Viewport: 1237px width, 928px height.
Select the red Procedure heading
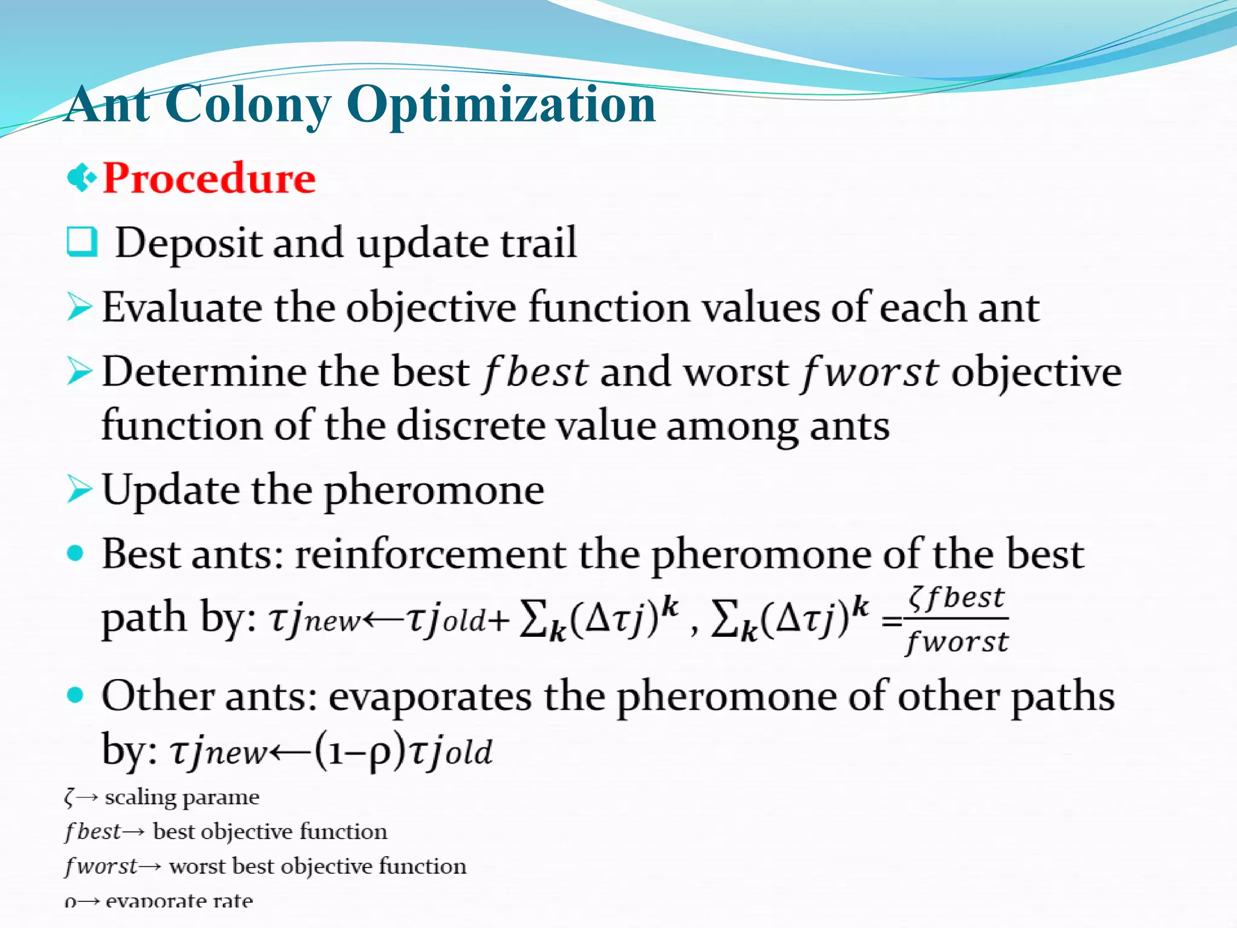[209, 178]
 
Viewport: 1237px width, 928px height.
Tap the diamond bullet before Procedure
[82, 178]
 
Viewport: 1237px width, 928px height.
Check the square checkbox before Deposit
[82, 242]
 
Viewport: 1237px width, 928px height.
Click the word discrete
[473, 425]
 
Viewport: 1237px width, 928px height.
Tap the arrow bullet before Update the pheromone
[80, 489]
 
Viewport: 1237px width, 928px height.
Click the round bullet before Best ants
[75, 553]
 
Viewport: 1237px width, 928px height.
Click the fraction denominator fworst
[957, 642]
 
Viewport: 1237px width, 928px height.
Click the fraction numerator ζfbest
[957, 598]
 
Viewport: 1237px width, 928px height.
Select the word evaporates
[430, 697]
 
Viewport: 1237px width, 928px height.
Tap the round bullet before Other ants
[75, 696]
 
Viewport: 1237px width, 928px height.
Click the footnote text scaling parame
[182, 797]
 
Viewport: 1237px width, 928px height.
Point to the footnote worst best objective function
[318, 866]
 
